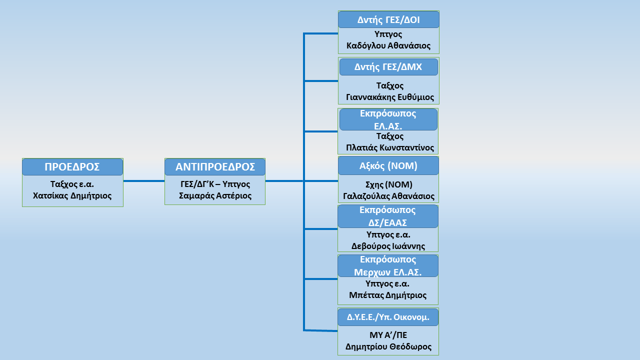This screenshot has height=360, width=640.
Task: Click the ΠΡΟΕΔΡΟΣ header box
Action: coord(72,167)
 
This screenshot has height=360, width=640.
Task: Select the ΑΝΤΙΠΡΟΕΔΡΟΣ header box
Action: coord(215,167)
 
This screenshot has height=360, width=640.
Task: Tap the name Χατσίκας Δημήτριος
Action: coord(72,195)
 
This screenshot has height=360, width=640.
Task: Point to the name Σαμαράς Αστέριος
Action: coord(215,195)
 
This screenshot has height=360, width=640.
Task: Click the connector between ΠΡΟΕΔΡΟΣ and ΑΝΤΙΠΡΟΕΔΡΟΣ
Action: coord(143,181)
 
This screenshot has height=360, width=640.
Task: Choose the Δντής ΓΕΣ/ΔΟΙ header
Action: coord(388,19)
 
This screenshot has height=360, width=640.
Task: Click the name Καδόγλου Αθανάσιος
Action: coord(388,45)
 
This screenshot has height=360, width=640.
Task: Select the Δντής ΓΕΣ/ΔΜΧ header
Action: coord(388,67)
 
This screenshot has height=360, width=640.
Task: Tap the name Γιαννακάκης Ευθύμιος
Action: coord(390,97)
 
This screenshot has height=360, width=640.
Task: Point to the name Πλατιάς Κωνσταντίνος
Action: coord(390,148)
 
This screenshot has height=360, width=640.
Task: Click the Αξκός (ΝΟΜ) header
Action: coord(388,165)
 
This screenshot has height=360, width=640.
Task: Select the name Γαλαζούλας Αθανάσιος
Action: coord(389,196)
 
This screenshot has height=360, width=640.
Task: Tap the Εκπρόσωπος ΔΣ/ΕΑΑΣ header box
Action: coord(388,216)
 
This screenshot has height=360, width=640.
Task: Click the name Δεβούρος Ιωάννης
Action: coord(388,245)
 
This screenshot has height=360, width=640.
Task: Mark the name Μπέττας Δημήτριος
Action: coord(388,295)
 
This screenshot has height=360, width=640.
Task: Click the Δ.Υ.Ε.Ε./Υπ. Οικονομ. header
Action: coord(388,317)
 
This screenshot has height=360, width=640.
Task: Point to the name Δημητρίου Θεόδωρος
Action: coord(388,346)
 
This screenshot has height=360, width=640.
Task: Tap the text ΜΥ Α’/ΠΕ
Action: coord(388,335)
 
